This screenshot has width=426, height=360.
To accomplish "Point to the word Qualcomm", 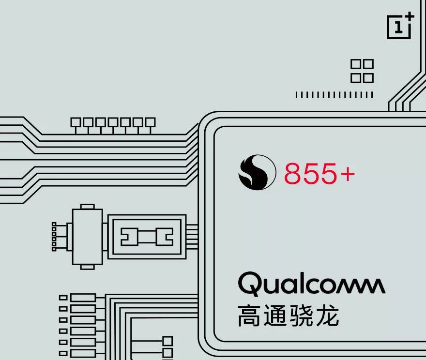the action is [311, 284].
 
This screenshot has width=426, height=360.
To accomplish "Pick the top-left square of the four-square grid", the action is [356, 64].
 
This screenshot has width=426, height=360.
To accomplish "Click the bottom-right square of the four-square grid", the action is [368, 77].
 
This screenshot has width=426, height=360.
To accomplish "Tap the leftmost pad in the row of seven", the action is [76, 122].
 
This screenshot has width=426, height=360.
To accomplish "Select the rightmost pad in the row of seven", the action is [151, 122].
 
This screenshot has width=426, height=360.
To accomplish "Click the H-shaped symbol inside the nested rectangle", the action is [147, 237].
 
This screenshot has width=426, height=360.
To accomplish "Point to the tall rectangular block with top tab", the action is [87, 236].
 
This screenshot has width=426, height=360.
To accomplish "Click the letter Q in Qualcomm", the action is [250, 285].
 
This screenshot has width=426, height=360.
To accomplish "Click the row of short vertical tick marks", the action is [334, 95].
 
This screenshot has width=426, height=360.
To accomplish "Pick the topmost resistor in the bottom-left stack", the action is [83, 298].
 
